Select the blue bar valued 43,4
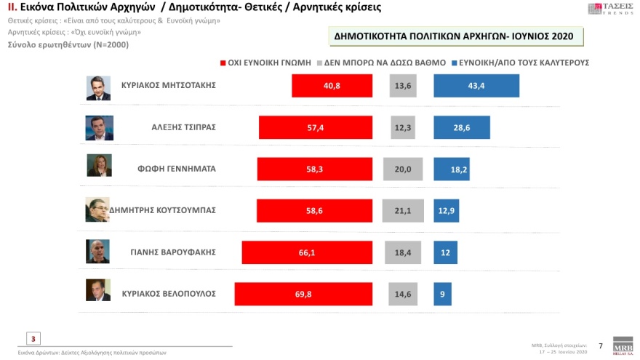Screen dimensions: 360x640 point(476,85)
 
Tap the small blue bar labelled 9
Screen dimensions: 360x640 point(443,294)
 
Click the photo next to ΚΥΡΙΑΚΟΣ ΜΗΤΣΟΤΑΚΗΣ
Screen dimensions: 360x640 point(98,86)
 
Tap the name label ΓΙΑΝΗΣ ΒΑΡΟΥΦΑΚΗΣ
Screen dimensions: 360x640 point(180,252)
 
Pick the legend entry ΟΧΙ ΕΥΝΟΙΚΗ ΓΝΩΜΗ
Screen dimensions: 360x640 point(265,63)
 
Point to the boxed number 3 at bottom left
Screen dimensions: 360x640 point(33,337)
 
